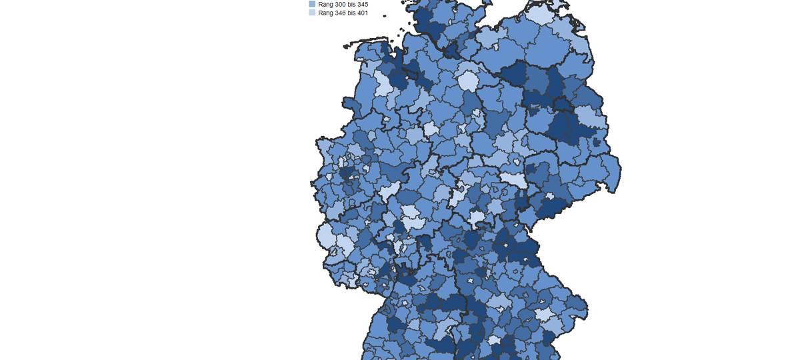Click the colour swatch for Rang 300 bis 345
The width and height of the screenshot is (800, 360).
coord(312,4)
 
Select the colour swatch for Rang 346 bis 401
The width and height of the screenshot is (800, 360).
coord(312,13)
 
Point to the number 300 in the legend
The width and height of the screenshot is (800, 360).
coord(341,4)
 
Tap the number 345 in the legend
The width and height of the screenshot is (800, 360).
coord(361,4)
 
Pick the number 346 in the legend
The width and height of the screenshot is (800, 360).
coord(341,13)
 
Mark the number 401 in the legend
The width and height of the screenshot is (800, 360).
coord(361,13)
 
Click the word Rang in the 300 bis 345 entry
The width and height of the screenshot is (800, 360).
coord(325,4)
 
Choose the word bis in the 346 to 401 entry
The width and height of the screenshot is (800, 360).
coord(351,13)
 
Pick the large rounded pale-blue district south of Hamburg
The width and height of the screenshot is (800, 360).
coord(468,81)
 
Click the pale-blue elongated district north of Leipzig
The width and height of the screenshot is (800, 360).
coord(513,179)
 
